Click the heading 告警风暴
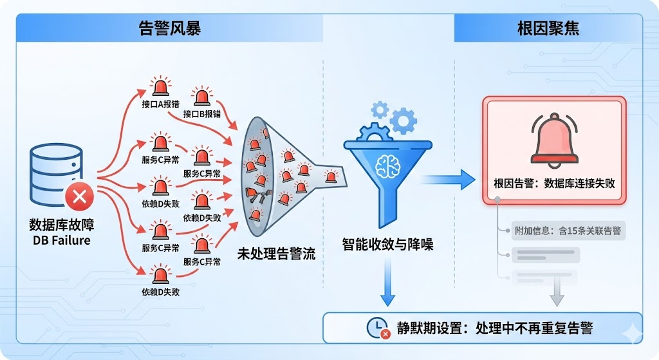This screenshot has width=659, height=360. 170,28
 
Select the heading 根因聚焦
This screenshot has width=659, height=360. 548,28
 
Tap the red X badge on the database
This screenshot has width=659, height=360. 80,196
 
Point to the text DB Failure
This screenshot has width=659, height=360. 62,240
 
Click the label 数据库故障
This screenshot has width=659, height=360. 62,225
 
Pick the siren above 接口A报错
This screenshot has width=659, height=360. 160,87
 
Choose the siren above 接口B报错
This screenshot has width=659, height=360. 202,97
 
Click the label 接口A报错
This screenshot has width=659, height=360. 160,104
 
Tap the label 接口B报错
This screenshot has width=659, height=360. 202,113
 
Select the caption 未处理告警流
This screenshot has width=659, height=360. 277,253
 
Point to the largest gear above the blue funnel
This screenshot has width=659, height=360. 403,120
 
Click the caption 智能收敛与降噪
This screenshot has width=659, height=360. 387,244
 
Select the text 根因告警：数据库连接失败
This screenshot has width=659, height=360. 554,184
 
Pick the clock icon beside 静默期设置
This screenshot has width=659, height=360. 376,327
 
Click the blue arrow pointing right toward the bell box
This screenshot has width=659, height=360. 450,178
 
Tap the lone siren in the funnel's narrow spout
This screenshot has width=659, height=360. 331,176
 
